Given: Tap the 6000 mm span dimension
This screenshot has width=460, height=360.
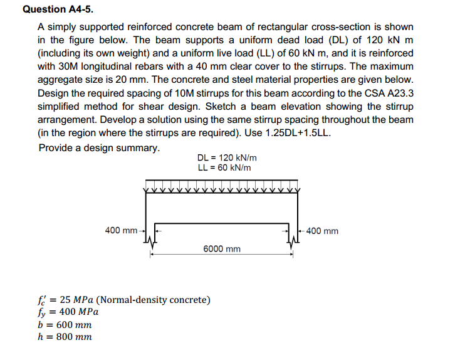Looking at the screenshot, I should pos(222,249).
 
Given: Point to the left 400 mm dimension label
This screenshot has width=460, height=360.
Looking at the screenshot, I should pos(121,230).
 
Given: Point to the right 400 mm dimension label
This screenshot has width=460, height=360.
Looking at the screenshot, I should pos(323,231).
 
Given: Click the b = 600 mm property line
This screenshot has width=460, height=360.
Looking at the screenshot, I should pos(65,324).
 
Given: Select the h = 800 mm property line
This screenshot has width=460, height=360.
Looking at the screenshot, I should pos(65,337).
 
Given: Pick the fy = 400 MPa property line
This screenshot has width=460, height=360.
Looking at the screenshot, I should pos(68,312).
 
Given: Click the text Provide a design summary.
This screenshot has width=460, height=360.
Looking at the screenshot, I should pos(98,148).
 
